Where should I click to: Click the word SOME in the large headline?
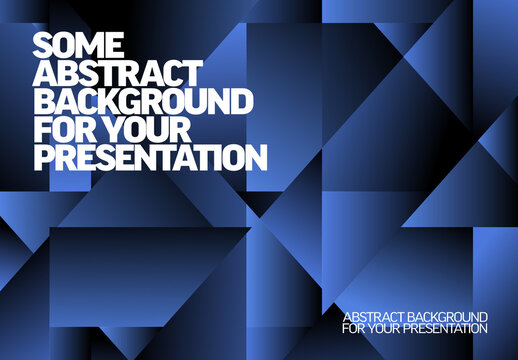pyautogui.click(x=79, y=44)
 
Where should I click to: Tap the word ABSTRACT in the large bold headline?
pyautogui.click(x=118, y=73)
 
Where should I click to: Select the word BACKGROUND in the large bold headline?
pyautogui.click(x=142, y=101)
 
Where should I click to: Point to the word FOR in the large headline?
pyautogui.click(x=61, y=130)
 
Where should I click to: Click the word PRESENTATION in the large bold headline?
pyautogui.click(x=150, y=158)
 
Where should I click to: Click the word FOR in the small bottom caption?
pyautogui.click(x=352, y=328)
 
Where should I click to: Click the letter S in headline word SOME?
pyautogui.click(x=44, y=44)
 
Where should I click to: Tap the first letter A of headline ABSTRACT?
pyautogui.click(x=46, y=73)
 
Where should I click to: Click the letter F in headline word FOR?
pyautogui.click(x=43, y=130)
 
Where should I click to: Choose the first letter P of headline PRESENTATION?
pyautogui.click(x=44, y=158)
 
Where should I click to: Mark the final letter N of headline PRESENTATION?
pyautogui.click(x=256, y=158)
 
